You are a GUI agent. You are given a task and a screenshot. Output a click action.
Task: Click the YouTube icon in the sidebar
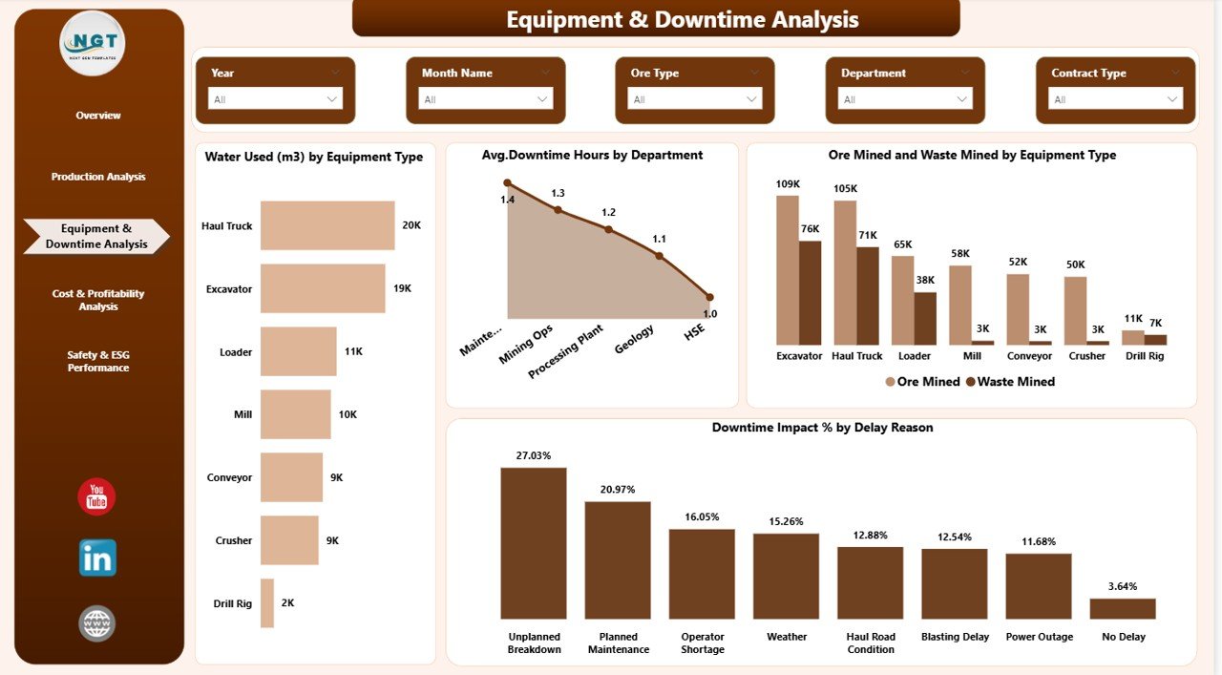(96, 497)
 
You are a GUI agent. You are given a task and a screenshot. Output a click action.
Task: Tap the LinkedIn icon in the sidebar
(97, 558)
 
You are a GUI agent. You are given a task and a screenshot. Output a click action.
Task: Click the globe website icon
(97, 623)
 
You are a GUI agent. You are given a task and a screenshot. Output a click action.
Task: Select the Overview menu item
(98, 116)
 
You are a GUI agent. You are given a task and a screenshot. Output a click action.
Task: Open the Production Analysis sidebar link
(98, 177)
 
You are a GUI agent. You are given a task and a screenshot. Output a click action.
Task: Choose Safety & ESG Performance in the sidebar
(98, 361)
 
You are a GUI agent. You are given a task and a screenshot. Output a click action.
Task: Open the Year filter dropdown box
(275, 99)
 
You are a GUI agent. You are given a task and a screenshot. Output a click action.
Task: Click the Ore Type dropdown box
(695, 99)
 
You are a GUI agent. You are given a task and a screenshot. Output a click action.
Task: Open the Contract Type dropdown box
(1115, 99)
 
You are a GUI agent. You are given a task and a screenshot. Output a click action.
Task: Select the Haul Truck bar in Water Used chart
(327, 225)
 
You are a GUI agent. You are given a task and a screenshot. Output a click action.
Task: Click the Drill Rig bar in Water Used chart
(267, 603)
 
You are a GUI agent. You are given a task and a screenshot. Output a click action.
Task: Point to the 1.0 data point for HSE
(709, 297)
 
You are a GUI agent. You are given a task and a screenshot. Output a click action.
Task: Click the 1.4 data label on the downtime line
(507, 200)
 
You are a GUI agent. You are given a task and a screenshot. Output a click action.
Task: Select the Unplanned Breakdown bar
(534, 543)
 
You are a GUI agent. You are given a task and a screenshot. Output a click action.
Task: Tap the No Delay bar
(1123, 609)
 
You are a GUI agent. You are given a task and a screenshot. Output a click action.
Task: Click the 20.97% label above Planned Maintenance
(618, 490)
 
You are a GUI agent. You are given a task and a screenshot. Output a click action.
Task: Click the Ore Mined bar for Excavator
(788, 270)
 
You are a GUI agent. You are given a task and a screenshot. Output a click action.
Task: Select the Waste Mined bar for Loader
(925, 318)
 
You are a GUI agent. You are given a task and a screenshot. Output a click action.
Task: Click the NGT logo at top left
(93, 43)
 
